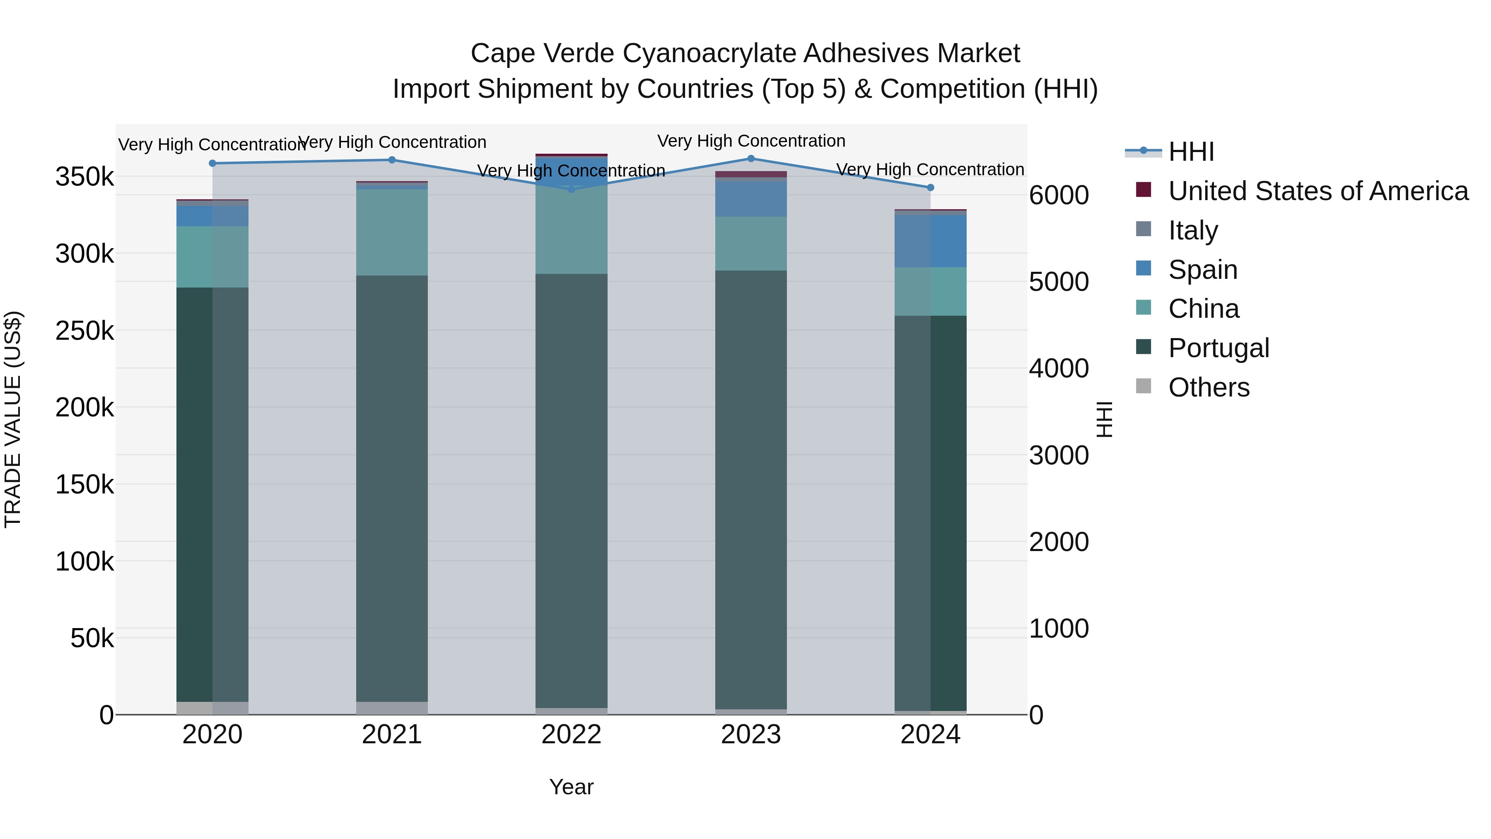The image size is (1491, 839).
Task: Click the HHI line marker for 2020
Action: (x=212, y=163)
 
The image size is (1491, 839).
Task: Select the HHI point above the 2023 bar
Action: (x=751, y=159)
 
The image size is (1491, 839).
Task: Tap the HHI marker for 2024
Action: (x=930, y=188)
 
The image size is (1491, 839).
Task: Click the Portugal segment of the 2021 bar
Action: (x=392, y=486)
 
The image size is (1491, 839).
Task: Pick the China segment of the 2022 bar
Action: (x=571, y=232)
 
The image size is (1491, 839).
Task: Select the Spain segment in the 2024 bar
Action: (x=930, y=241)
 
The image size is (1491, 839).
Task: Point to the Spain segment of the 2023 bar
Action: (x=751, y=199)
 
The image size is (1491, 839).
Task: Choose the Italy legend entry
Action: (x=1192, y=230)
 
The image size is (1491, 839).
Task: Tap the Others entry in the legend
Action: (x=1208, y=387)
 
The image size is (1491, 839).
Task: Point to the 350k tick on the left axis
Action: (x=84, y=177)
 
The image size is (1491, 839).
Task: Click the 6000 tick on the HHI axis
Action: (x=1059, y=195)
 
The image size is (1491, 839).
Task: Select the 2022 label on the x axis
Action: (x=571, y=735)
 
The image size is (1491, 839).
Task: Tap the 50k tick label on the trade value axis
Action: (x=92, y=638)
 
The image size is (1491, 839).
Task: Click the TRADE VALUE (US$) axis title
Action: (x=13, y=419)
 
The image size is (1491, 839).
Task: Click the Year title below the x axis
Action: (x=571, y=787)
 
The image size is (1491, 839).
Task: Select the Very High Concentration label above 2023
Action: (x=751, y=141)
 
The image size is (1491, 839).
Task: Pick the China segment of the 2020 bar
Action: (x=212, y=256)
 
